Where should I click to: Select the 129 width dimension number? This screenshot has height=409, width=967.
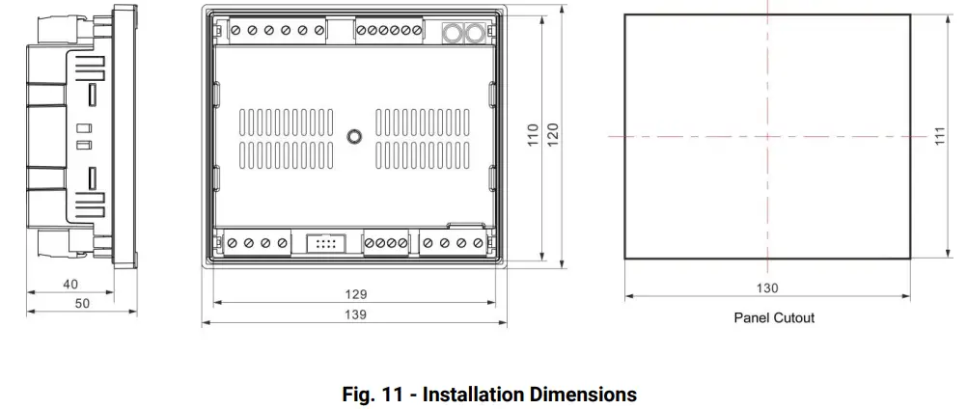[x=355, y=293]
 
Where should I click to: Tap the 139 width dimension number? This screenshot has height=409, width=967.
[x=355, y=314]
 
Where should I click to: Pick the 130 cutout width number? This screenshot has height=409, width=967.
[x=767, y=287]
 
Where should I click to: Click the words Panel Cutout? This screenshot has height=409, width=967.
[x=774, y=317]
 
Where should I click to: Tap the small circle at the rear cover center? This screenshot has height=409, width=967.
[x=354, y=137]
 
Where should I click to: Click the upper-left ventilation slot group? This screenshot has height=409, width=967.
[x=286, y=122]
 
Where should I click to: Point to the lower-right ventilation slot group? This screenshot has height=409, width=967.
[x=422, y=154]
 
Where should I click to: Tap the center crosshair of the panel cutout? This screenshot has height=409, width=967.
[x=767, y=137]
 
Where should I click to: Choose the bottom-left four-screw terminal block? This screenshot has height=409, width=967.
[x=257, y=244]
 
